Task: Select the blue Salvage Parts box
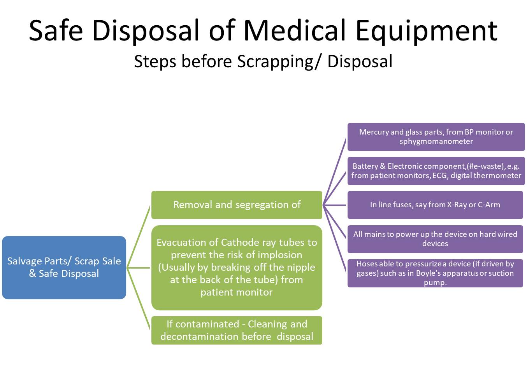click(x=64, y=267)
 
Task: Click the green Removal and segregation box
click(x=237, y=205)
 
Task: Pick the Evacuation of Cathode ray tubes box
click(x=237, y=268)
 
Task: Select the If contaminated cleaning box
click(x=237, y=330)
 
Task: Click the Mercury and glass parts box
click(x=436, y=136)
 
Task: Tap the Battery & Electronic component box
click(x=436, y=171)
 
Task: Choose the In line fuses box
click(x=435, y=205)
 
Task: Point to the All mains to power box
click(x=435, y=239)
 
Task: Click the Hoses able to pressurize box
click(x=435, y=273)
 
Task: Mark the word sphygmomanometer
click(x=436, y=142)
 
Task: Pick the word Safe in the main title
click(x=56, y=31)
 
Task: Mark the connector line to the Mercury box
click(x=335, y=171)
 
